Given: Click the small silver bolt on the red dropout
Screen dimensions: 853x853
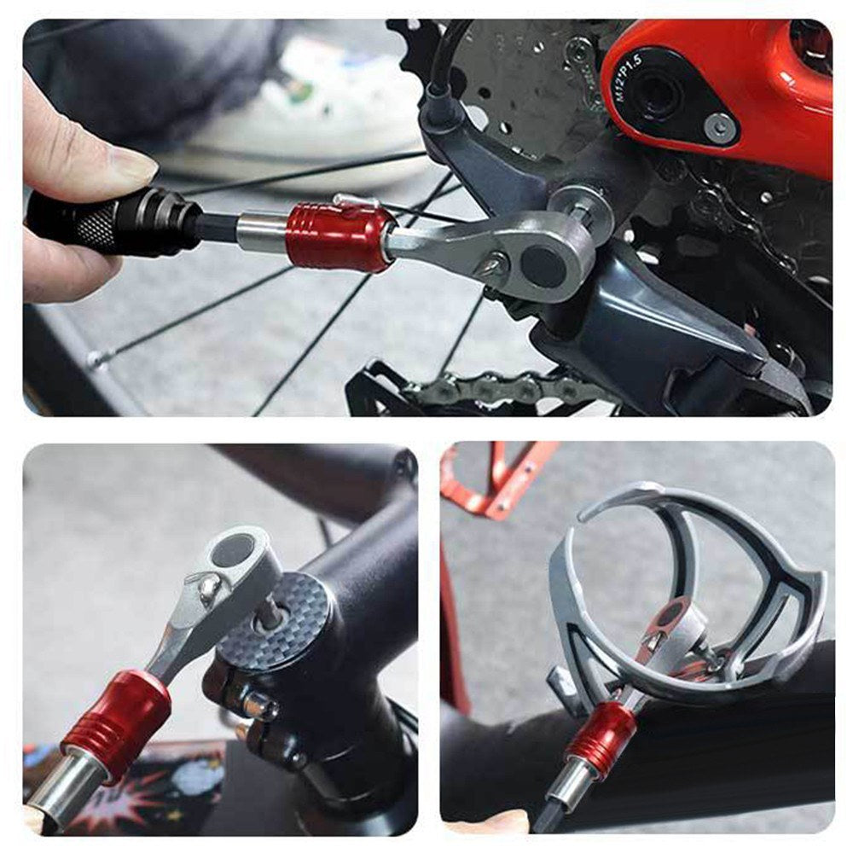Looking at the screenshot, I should [x=721, y=127].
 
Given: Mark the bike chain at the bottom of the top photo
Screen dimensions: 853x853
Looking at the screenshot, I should [x=495, y=388].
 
